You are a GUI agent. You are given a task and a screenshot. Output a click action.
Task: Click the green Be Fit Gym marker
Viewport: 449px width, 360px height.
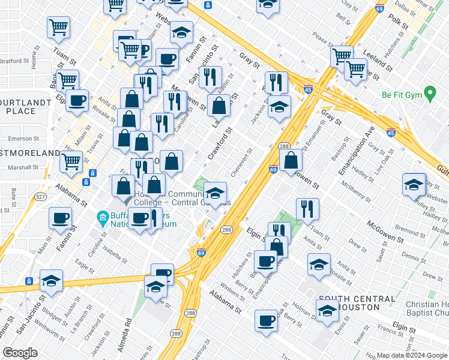pyautogui.click(x=429, y=94)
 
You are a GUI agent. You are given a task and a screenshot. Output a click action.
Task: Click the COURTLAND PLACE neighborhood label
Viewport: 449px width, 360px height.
pyautogui.click(x=25, y=107)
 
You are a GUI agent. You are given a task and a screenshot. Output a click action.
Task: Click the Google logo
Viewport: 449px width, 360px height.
pyautogui.click(x=20, y=353)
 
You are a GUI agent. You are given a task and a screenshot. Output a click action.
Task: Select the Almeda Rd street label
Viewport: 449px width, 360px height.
pyautogui.click(x=127, y=331)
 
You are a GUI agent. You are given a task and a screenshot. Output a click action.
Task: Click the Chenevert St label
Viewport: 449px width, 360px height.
pyautogui.click(x=239, y=162)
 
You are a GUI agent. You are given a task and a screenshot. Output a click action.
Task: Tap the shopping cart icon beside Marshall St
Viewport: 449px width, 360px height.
pyautogui.click(x=71, y=160)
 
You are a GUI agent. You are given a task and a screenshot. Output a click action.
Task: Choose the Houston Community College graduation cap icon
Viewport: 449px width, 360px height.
pyautogui.click(x=215, y=193)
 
